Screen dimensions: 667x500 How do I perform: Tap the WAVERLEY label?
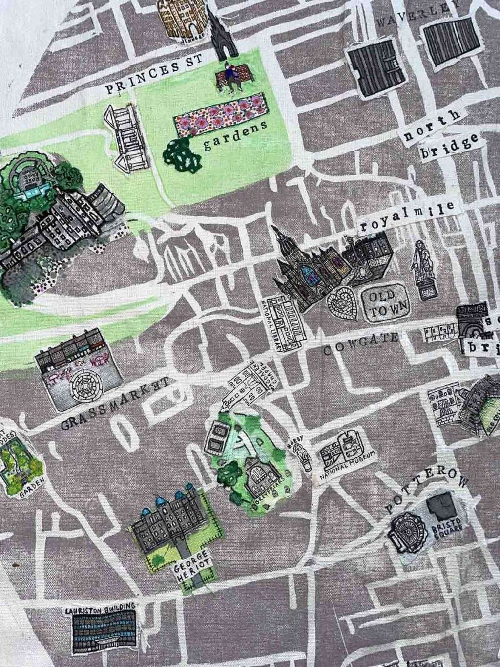418,14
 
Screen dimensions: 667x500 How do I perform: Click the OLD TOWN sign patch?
385,303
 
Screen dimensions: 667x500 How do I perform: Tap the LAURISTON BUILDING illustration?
101,629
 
